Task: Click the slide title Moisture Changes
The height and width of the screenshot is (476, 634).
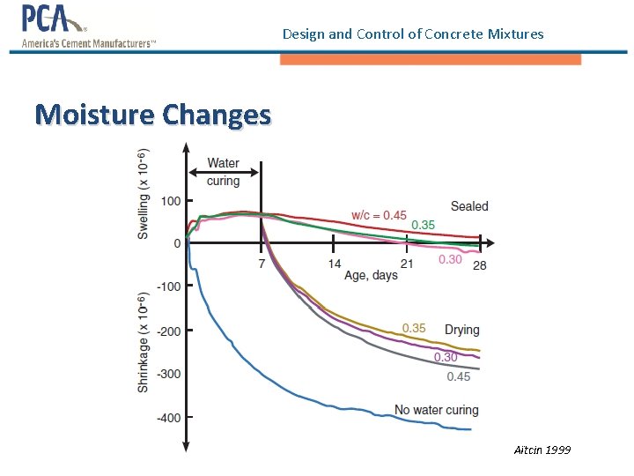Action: coord(153,115)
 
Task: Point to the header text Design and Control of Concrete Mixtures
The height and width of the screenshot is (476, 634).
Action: coord(413,34)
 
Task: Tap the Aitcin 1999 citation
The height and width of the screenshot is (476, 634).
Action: coord(542,450)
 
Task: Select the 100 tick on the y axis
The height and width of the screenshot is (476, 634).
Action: coord(170,201)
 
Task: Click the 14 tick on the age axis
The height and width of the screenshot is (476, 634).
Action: coord(335,264)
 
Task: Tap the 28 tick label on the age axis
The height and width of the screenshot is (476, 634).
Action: coord(479,265)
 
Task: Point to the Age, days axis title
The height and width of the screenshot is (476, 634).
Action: coord(371,276)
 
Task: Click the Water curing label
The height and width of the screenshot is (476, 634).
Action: coord(223,172)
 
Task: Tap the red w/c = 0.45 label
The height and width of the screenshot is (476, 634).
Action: coord(379,215)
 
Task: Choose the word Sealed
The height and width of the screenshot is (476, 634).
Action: coord(469,206)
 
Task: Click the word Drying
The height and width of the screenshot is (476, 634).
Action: coord(462,330)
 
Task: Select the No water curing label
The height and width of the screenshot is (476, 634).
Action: coord(436,410)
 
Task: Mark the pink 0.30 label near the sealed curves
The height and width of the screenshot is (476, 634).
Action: coord(450,259)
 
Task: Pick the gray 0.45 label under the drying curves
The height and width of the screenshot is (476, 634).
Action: coord(459,376)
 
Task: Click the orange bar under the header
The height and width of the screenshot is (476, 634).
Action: coord(431,59)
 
